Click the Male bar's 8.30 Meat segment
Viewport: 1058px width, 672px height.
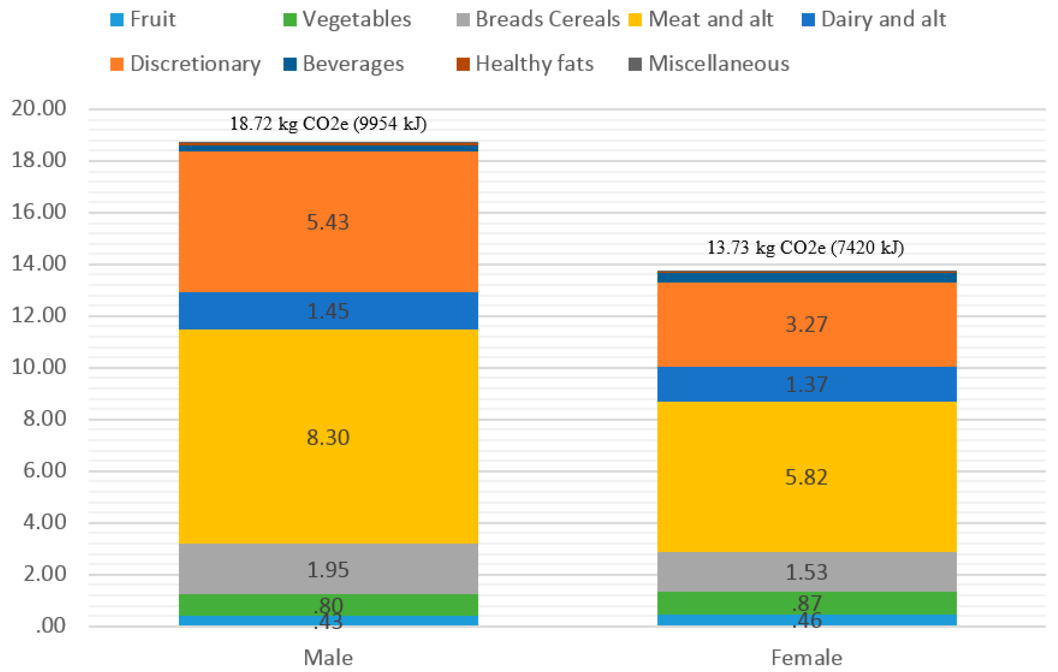tap(328, 437)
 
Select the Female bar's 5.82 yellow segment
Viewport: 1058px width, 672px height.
tap(807, 477)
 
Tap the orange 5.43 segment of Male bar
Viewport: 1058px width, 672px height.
tap(328, 222)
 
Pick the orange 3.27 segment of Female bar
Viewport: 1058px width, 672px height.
tap(807, 324)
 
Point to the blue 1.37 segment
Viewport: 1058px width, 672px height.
tap(807, 385)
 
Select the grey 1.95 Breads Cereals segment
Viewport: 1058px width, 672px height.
tap(328, 570)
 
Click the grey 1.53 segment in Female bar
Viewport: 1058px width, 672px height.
tap(807, 572)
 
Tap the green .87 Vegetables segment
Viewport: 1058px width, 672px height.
tap(807, 603)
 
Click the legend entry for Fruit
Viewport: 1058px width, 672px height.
tap(143, 19)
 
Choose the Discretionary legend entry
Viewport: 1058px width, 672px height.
tap(185, 64)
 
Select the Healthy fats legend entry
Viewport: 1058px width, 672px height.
tap(526, 64)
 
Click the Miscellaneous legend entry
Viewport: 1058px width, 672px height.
tap(709, 64)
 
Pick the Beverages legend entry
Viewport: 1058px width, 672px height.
tap(344, 64)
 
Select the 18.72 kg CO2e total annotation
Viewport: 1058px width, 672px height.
tap(328, 124)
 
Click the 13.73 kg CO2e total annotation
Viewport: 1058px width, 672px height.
tap(805, 248)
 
